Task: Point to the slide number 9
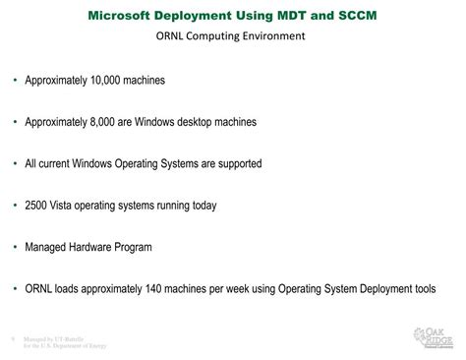(10, 339)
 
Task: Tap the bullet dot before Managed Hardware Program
(14, 247)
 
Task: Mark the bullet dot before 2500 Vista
(14, 206)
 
